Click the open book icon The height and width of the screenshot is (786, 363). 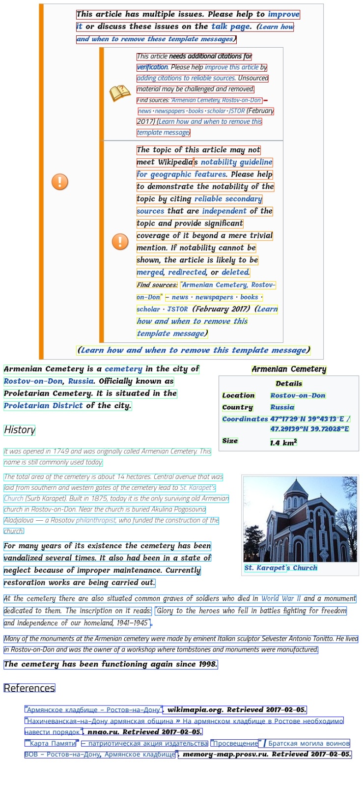click(x=119, y=93)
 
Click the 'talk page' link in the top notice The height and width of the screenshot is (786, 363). click(x=231, y=27)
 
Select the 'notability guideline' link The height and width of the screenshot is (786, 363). click(x=236, y=162)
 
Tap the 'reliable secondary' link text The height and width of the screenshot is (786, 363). click(x=228, y=199)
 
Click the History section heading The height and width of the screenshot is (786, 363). click(x=20, y=430)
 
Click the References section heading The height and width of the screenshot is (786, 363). click(x=29, y=688)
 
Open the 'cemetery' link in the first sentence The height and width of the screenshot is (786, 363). click(x=123, y=369)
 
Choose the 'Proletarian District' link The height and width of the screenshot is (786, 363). click(x=43, y=406)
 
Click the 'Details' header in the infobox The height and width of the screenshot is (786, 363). click(x=289, y=384)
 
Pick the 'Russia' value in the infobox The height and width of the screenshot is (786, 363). click(x=282, y=407)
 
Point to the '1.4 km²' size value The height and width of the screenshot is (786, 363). click(x=283, y=443)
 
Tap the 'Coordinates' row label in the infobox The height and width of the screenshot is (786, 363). click(x=245, y=419)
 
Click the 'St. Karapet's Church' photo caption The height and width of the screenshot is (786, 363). click(x=281, y=568)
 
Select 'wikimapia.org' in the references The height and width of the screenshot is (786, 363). click(x=195, y=710)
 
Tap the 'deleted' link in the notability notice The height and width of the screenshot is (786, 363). click(x=235, y=272)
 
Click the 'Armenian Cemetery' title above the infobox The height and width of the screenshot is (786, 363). click(x=289, y=369)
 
